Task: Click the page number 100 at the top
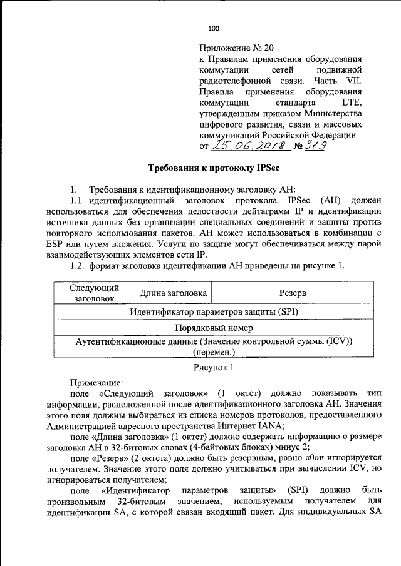(x=213, y=28)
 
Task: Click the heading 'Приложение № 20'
(x=237, y=48)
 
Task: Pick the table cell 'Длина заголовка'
(x=173, y=293)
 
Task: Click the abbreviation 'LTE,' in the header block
(x=350, y=103)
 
